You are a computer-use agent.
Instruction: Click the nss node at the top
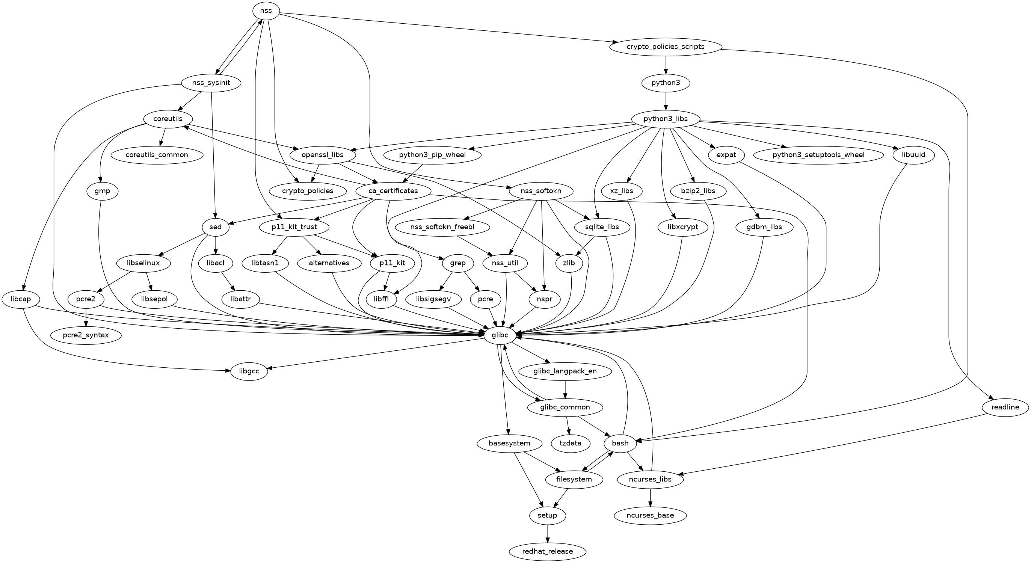tap(266, 11)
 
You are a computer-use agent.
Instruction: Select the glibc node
tap(497, 335)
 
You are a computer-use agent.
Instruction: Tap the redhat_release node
tap(547, 551)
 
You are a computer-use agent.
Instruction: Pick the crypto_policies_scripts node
tap(666, 47)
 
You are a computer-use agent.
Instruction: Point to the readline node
tap(1005, 408)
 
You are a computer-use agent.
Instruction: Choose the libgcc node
tap(249, 371)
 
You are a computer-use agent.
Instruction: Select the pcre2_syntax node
tap(86, 335)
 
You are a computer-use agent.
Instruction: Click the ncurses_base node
tap(651, 515)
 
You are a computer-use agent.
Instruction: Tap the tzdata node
tap(571, 443)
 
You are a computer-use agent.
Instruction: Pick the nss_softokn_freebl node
tap(442, 227)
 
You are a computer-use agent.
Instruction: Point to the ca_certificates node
tap(392, 191)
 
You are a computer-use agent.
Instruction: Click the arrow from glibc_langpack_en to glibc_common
tap(565, 389)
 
